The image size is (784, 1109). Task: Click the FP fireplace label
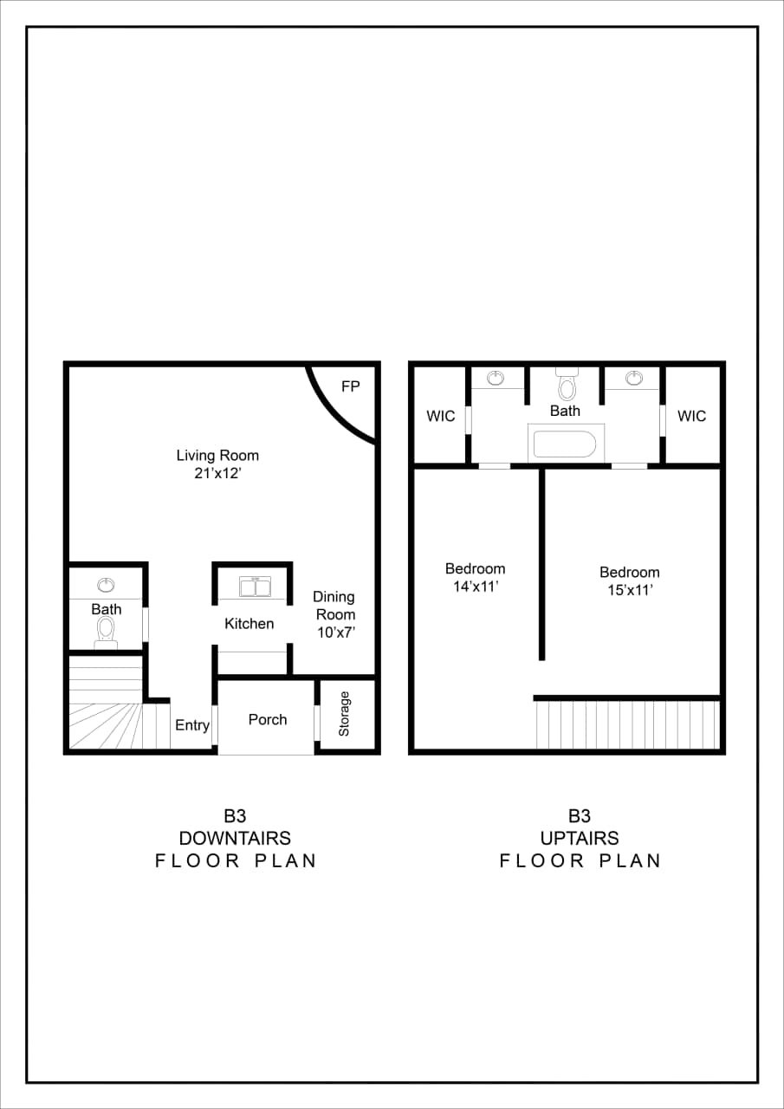350,387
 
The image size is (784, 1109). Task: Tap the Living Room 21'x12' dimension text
217,473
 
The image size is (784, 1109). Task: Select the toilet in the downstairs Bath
107,630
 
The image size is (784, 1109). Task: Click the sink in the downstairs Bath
106,585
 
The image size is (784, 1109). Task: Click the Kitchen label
249,624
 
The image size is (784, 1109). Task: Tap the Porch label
268,719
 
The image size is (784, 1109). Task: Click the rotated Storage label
345,714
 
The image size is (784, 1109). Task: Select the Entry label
192,725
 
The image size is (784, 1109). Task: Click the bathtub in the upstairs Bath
565,444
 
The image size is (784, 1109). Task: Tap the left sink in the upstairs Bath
496,378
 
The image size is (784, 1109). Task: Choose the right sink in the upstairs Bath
634,378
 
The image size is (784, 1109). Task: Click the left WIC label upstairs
440,417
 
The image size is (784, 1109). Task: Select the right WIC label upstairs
691,417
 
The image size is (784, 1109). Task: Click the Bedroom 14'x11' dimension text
475,587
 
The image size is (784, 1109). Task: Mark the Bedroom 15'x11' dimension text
630,590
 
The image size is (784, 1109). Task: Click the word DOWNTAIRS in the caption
235,838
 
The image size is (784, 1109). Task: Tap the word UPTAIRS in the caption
580,838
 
